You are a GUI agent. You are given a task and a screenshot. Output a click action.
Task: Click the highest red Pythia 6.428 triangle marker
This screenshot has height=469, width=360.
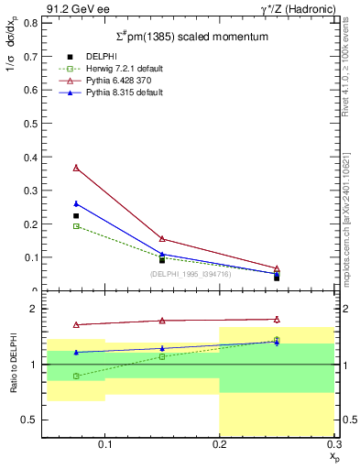(76, 168)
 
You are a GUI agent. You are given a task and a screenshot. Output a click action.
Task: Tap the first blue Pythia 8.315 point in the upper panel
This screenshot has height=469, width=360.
(76, 203)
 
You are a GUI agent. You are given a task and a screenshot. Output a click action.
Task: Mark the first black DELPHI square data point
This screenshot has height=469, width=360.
(76, 216)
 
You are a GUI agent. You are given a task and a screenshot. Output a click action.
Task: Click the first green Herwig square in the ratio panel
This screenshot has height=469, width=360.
(76, 376)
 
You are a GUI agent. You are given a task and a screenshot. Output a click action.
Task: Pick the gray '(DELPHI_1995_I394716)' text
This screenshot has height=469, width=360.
(191, 274)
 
